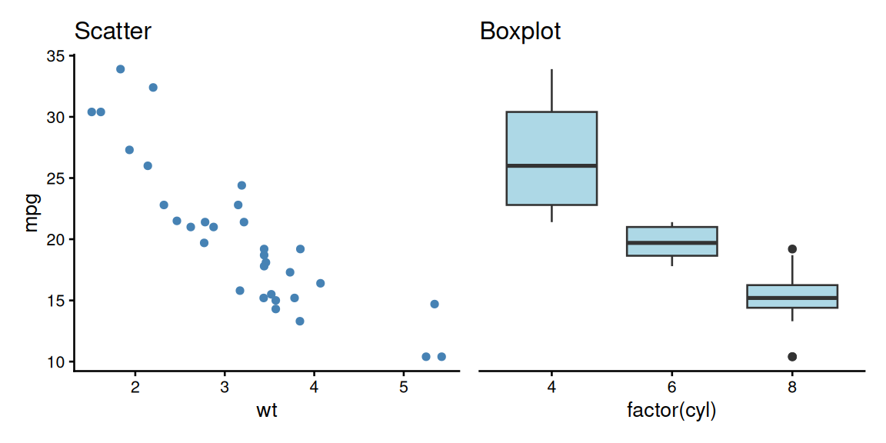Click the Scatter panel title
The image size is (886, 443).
tap(112, 32)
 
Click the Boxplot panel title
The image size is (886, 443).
tap(520, 32)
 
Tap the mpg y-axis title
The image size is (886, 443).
tap(32, 213)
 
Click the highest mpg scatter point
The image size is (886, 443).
tap(121, 69)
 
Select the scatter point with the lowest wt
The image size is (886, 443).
tap(92, 112)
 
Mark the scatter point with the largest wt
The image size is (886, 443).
tap(441, 357)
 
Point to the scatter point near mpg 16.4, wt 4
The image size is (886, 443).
tap(320, 283)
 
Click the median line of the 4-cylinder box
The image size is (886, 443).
tap(551, 165)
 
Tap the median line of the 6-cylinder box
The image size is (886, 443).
tap(672, 242)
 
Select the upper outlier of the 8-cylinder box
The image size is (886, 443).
tap(792, 249)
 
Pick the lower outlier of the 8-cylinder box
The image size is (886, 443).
tap(792, 357)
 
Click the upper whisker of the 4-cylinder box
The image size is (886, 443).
tap(552, 91)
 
